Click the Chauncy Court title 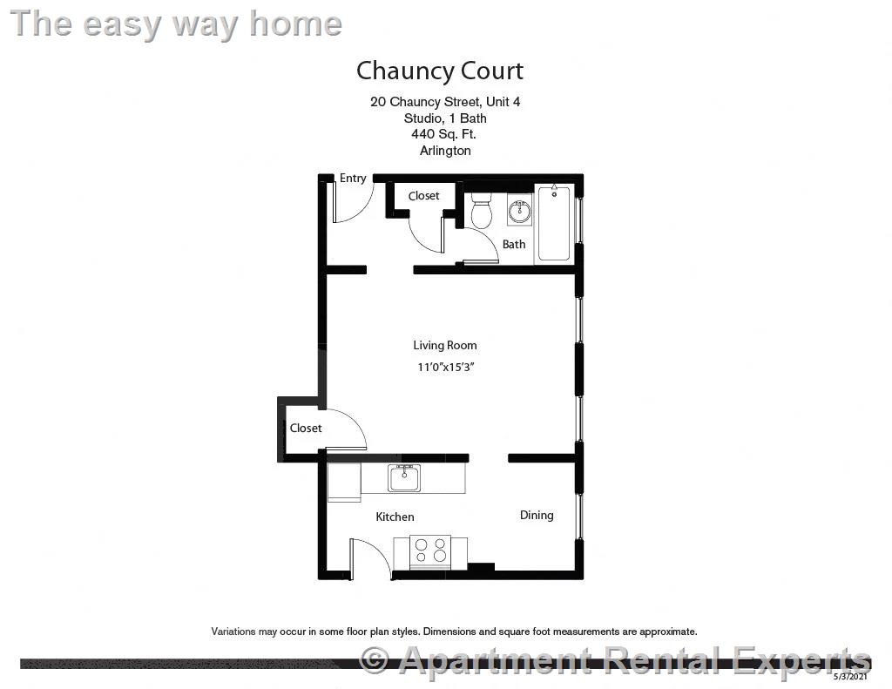(x=440, y=71)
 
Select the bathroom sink (x=520, y=211)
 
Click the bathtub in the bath (x=553, y=223)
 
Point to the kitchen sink (x=404, y=478)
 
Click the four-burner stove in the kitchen (x=429, y=551)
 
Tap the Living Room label (x=444, y=346)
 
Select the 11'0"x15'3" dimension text (x=444, y=367)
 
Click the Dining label (x=537, y=515)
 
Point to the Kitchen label (x=395, y=517)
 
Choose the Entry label (x=353, y=179)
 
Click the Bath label (x=514, y=244)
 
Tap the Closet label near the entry (x=424, y=196)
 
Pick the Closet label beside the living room (x=306, y=428)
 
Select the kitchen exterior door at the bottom (x=370, y=557)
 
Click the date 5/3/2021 (x=850, y=676)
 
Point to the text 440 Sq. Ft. (x=444, y=134)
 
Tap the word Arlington (x=444, y=150)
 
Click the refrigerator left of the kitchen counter (x=343, y=483)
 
